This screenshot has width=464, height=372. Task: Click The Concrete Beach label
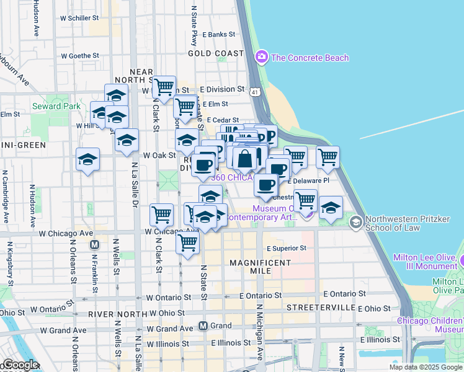(310, 58)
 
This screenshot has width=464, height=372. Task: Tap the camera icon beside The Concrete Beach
(261, 58)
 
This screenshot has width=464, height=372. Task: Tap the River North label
(117, 314)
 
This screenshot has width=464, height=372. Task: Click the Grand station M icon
(203, 325)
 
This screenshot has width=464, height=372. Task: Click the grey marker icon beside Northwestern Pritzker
(355, 222)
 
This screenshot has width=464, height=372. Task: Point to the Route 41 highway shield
(255, 92)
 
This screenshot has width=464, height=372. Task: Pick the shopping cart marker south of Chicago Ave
(187, 244)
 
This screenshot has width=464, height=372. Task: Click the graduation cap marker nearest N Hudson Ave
(88, 160)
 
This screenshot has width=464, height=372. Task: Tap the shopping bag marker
(246, 158)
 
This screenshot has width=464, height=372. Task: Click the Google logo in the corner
(20, 365)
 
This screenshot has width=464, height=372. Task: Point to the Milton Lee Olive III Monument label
(428, 262)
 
